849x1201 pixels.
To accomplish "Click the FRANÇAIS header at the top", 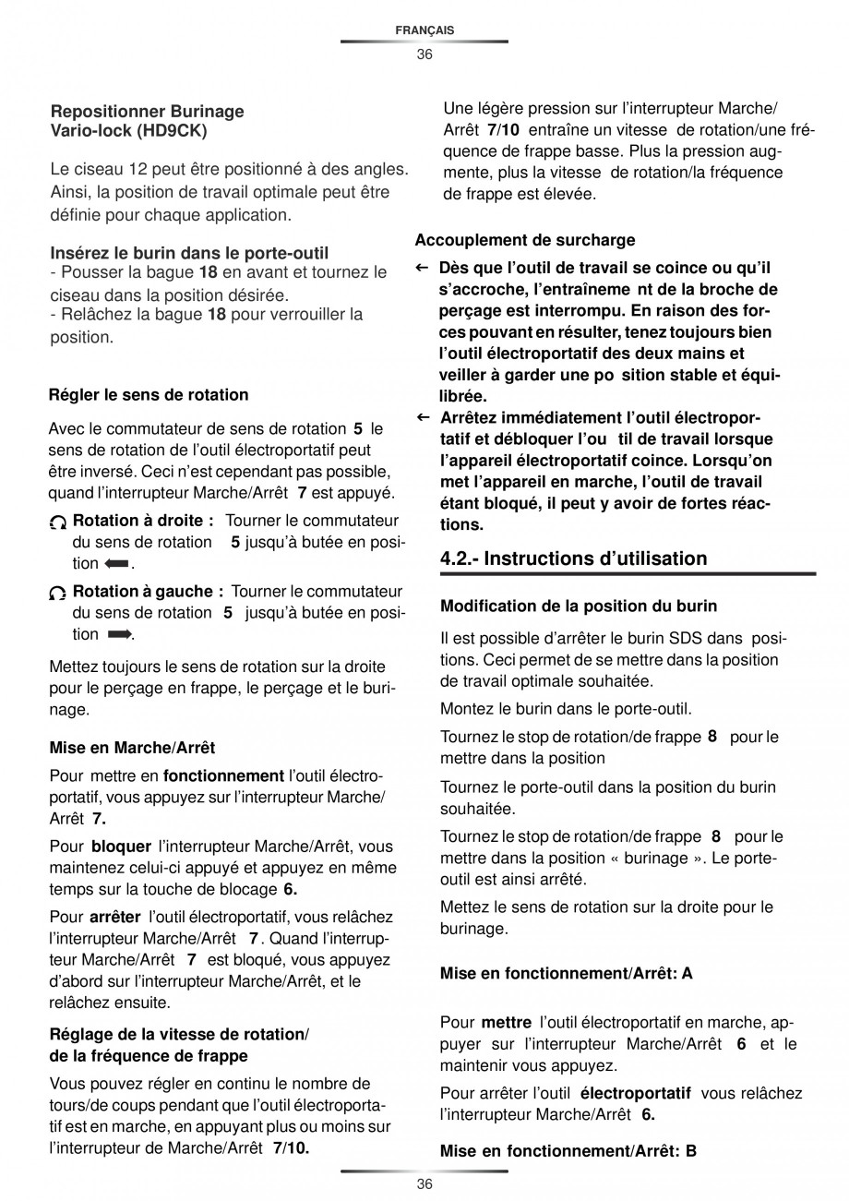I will pyautogui.click(x=424, y=30).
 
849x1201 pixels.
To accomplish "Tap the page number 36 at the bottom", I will pyautogui.click(x=424, y=1184).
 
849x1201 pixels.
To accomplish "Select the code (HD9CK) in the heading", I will pyautogui.click(x=172, y=131).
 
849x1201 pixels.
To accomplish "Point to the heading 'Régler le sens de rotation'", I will pyautogui.click(x=149, y=395).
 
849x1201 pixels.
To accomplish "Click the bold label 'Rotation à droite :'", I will pyautogui.click(x=143, y=521).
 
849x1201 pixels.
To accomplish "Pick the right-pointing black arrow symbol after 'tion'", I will pyautogui.click(x=120, y=634).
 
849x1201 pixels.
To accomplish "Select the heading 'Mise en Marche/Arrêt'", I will pyautogui.click(x=132, y=748).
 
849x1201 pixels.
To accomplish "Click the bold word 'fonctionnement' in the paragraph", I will pyautogui.click(x=223, y=775).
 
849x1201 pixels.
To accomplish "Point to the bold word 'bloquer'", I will pyautogui.click(x=121, y=846).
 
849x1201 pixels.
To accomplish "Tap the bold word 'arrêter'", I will pyautogui.click(x=115, y=917).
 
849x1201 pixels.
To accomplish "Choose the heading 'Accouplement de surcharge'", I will pyautogui.click(x=525, y=240).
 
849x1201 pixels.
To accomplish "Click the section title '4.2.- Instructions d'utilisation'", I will pyautogui.click(x=574, y=558).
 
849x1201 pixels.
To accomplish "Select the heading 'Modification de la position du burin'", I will pyautogui.click(x=579, y=607).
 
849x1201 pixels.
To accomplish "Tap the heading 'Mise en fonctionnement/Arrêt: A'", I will pyautogui.click(x=567, y=973).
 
